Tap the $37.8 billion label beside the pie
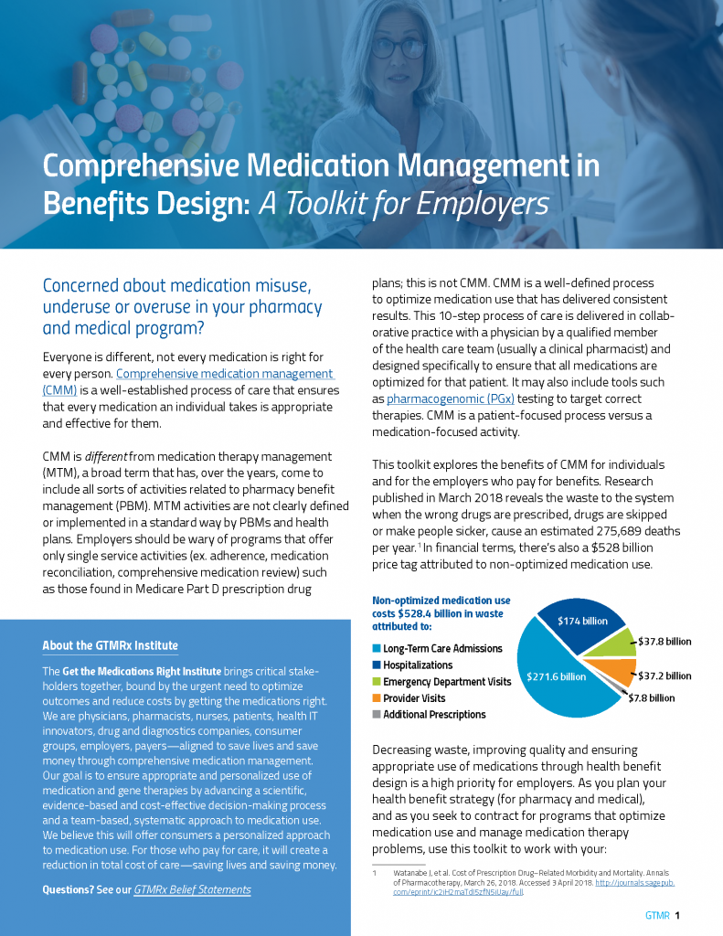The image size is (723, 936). pyautogui.click(x=665, y=642)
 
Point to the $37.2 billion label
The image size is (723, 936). pyautogui.click(x=665, y=676)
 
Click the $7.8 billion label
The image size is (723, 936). pyautogui.click(x=651, y=698)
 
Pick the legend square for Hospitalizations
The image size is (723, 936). pyautogui.click(x=376, y=665)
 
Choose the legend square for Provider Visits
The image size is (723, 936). pyautogui.click(x=376, y=698)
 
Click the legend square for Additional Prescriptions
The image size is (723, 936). pyautogui.click(x=376, y=715)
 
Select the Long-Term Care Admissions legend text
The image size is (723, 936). pyautogui.click(x=442, y=649)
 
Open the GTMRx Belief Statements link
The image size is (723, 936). pyautogui.click(x=192, y=889)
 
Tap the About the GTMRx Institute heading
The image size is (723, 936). pyautogui.click(x=110, y=646)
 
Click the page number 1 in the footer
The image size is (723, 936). pyautogui.click(x=678, y=915)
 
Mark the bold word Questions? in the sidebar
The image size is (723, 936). pyautogui.click(x=68, y=889)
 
